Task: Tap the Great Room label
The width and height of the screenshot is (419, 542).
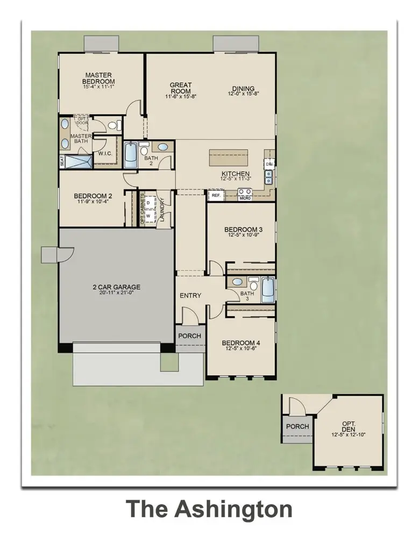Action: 181,88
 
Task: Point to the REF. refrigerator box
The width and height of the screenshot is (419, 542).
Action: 216,196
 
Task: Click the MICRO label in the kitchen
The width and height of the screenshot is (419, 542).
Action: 246,198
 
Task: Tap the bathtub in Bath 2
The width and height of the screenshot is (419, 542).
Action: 131,156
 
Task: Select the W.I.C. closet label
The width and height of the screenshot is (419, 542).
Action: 104,154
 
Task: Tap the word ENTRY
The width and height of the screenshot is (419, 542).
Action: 190,296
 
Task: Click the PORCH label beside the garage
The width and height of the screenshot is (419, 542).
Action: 190,336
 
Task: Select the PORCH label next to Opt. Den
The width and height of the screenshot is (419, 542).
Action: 297,426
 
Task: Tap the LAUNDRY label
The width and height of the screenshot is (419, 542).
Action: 162,210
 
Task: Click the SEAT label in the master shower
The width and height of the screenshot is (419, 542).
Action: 62,160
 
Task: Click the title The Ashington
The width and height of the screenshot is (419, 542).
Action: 210,508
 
